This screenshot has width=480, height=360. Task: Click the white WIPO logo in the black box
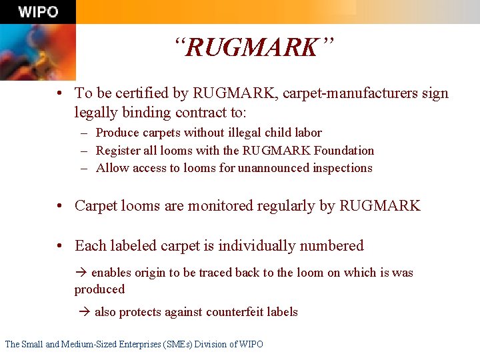pyautogui.click(x=38, y=12)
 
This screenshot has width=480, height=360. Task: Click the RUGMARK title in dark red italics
pyautogui.click(x=253, y=48)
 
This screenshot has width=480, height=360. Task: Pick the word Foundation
pyautogui.click(x=343, y=151)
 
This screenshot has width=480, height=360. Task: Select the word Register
pyautogui.click(x=117, y=151)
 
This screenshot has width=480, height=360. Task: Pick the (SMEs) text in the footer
pyautogui.click(x=173, y=345)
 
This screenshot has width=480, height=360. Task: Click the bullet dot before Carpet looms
pyautogui.click(x=61, y=206)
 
